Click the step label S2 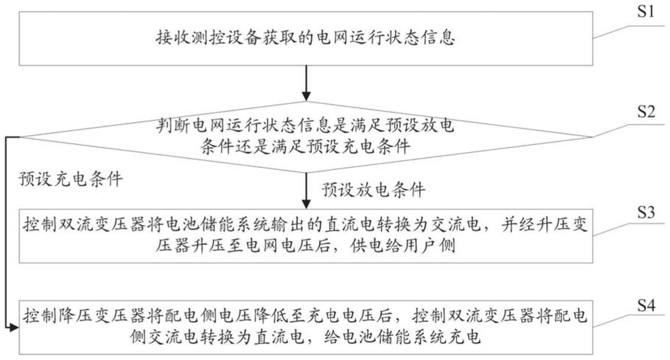(646, 111)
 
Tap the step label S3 (646, 212)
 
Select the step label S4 (646, 305)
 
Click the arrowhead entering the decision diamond (306, 96)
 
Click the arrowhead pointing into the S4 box (14, 327)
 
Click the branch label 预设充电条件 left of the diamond (70, 179)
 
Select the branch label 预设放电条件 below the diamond (373, 190)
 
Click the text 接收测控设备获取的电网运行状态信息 (305, 38)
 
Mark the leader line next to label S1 (629, 32)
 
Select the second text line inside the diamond (305, 147)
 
